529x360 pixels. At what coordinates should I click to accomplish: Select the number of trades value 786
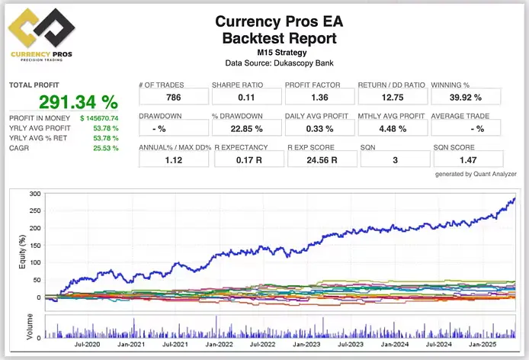coord(173,98)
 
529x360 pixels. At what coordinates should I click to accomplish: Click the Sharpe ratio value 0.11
coord(245,98)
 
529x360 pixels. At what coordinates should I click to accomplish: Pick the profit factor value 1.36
coord(318,98)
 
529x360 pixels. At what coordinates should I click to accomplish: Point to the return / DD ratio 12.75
coord(391,98)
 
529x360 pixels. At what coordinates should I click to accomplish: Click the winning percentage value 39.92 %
coord(466,98)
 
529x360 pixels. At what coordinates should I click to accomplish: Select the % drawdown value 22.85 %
coord(245,128)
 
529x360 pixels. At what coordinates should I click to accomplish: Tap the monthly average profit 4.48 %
coord(391,128)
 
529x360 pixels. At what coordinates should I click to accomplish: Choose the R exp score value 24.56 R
coord(318,159)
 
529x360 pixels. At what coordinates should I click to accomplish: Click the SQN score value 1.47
coord(466,159)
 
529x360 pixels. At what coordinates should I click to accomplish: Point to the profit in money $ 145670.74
coord(99,118)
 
